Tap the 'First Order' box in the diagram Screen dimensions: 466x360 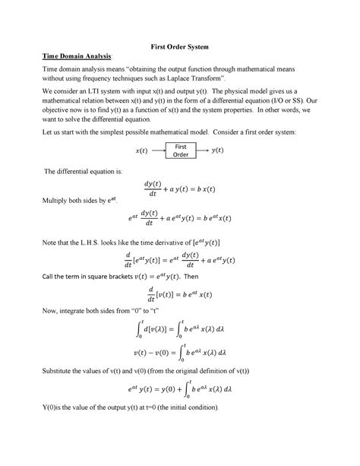point(181,151)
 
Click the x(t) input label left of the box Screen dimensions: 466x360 point(141,151)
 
